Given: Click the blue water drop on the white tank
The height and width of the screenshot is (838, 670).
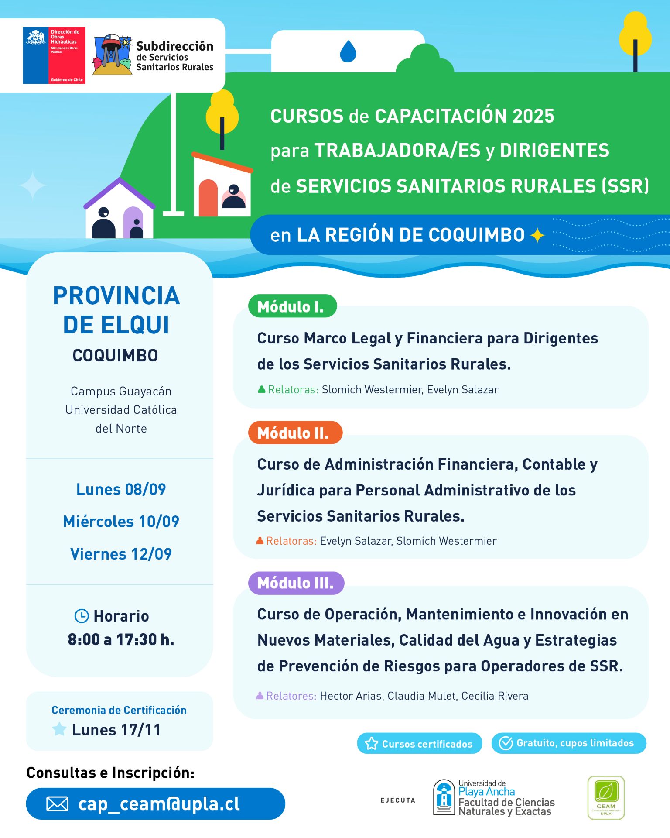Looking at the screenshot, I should pyautogui.click(x=348, y=52).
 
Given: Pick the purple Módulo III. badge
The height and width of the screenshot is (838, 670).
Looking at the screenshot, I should pyautogui.click(x=296, y=583).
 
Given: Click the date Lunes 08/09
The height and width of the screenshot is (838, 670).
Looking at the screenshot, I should pyautogui.click(x=121, y=490).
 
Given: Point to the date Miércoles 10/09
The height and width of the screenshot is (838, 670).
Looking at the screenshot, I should pyautogui.click(x=121, y=522).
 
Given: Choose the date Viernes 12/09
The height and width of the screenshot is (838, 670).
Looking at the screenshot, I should pyautogui.click(x=121, y=554).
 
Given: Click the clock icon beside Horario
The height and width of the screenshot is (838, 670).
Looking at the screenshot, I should pyautogui.click(x=82, y=616).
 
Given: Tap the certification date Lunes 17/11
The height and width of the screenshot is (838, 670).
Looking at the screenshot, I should pyautogui.click(x=116, y=730).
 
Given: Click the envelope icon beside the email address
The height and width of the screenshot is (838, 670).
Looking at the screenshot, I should pyautogui.click(x=57, y=804).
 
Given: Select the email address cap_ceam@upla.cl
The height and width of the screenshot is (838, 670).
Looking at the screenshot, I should pyautogui.click(x=159, y=804).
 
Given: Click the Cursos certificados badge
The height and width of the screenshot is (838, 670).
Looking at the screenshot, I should pyautogui.click(x=419, y=744).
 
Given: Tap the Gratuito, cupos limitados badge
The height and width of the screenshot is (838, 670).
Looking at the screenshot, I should pyautogui.click(x=568, y=743).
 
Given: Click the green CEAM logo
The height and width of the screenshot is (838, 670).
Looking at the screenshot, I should pyautogui.click(x=606, y=797).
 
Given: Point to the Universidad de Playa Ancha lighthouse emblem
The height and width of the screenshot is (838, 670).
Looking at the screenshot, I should pyautogui.click(x=444, y=797).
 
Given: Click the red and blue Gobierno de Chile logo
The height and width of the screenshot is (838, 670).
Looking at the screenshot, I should pyautogui.click(x=54, y=55).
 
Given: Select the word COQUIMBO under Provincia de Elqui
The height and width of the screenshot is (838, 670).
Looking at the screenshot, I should pyautogui.click(x=115, y=356).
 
